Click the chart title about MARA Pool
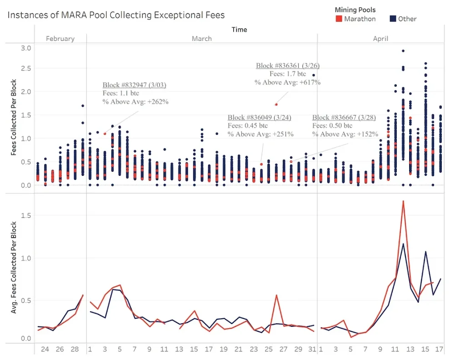116,15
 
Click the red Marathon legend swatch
339,19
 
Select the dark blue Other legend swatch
394,19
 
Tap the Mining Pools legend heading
355,10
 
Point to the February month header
60,39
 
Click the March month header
201,39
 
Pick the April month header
380,39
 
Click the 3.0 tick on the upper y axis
26,48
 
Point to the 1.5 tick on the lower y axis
26,215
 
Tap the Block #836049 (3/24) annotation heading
259,118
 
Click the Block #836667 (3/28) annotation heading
343,118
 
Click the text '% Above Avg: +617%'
287,82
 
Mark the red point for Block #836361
276,105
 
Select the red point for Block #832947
105,134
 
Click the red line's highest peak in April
403,200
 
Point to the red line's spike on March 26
276,295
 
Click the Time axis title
239,30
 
